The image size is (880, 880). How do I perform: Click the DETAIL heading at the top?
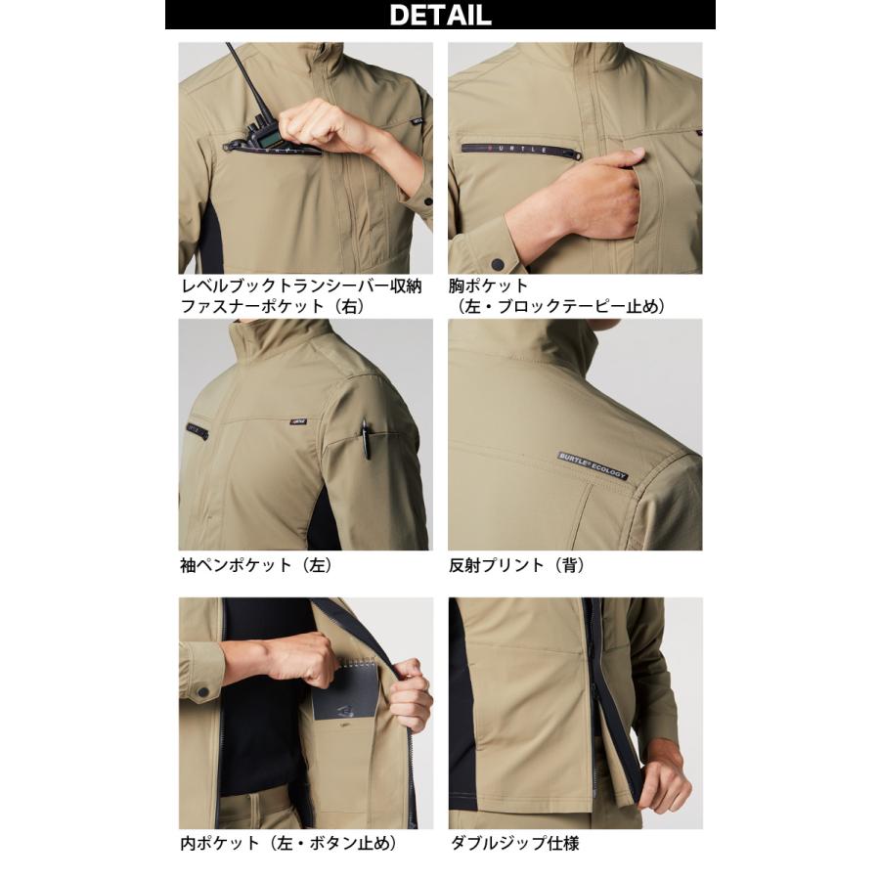(x=440, y=15)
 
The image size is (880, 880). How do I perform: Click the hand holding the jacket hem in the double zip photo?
(x=670, y=782)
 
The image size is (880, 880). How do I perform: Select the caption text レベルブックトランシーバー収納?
(x=301, y=286)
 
